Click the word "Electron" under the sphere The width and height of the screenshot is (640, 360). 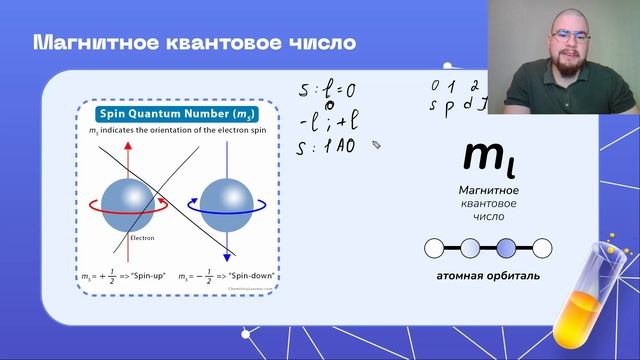[x=142, y=239]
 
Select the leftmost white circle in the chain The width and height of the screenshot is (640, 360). [x=434, y=247]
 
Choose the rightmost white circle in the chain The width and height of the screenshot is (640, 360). [x=541, y=247]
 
